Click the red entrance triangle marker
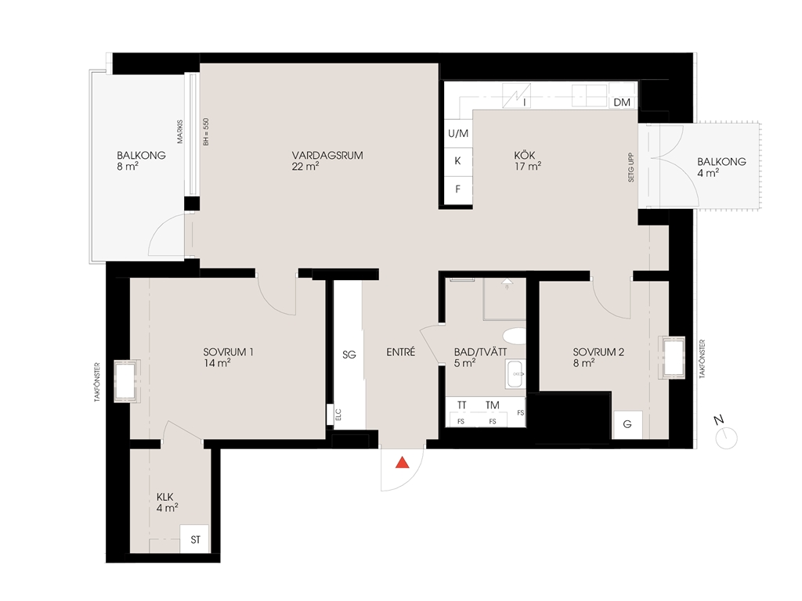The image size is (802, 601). (403, 462)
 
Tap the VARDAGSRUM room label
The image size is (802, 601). (327, 156)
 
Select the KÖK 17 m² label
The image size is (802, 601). (527, 160)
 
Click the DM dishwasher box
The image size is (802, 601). (622, 103)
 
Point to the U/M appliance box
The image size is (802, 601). (457, 133)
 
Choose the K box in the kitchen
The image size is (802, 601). (457, 161)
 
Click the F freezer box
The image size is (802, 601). (457, 189)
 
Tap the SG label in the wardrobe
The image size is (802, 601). (349, 354)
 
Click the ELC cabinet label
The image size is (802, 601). (338, 415)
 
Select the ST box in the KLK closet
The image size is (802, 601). (195, 539)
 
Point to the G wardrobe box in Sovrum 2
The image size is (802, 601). (627, 424)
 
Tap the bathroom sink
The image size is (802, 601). (515, 374)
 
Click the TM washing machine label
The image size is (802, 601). (492, 405)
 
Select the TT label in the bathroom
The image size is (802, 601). (461, 405)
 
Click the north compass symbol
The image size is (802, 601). (726, 438)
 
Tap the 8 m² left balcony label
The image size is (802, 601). (128, 167)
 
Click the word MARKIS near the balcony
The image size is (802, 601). (179, 131)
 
